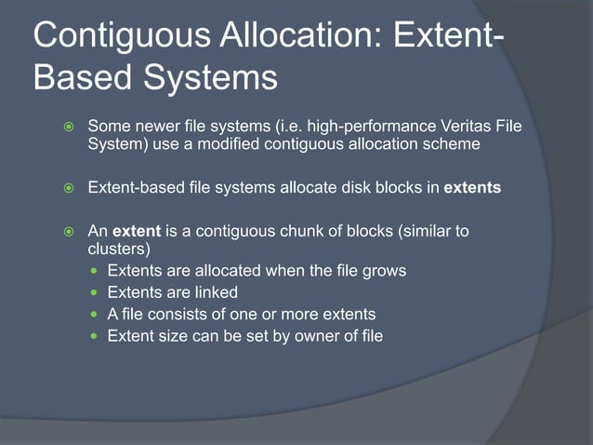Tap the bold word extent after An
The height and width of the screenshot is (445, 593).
coord(137,231)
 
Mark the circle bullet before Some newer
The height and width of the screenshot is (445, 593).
coord(67,126)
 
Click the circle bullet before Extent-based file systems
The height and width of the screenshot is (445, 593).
coord(67,188)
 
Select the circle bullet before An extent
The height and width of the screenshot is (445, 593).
coord(67,232)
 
